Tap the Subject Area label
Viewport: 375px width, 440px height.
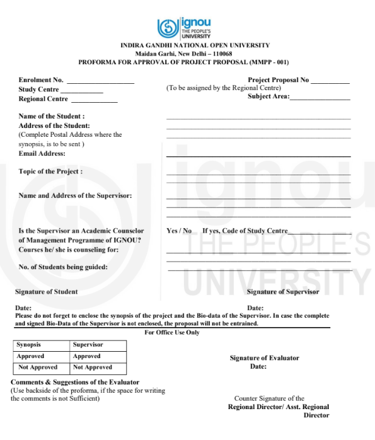tap(268, 96)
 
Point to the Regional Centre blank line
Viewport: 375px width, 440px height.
tap(94, 100)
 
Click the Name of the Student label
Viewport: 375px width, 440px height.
tap(52, 116)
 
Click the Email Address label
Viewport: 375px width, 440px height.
tap(42, 153)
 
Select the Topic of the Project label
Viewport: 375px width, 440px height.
tap(50, 171)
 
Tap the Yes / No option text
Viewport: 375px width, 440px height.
tap(179, 231)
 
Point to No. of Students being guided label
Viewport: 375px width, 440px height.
tap(63, 267)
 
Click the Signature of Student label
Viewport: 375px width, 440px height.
tap(47, 292)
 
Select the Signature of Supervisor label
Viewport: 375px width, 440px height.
tap(283, 292)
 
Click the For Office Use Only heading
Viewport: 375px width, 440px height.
tap(172, 332)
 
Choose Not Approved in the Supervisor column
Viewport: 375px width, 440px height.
tap(93, 367)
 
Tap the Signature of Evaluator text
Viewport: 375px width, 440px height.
tap(265, 358)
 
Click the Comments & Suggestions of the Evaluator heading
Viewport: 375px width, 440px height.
tap(75, 383)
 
